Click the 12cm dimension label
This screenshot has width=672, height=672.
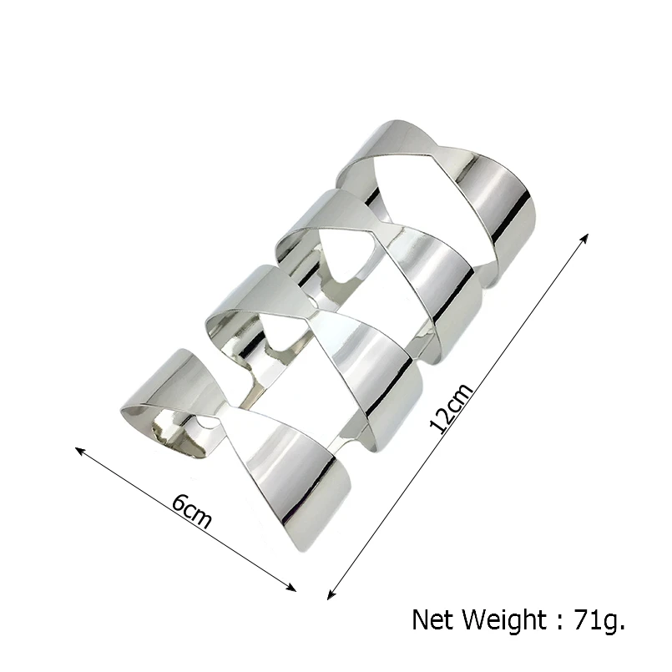(452, 407)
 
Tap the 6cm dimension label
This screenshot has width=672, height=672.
(192, 512)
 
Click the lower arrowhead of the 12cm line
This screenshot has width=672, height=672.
(331, 595)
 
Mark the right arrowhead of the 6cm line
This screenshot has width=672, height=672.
(292, 588)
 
